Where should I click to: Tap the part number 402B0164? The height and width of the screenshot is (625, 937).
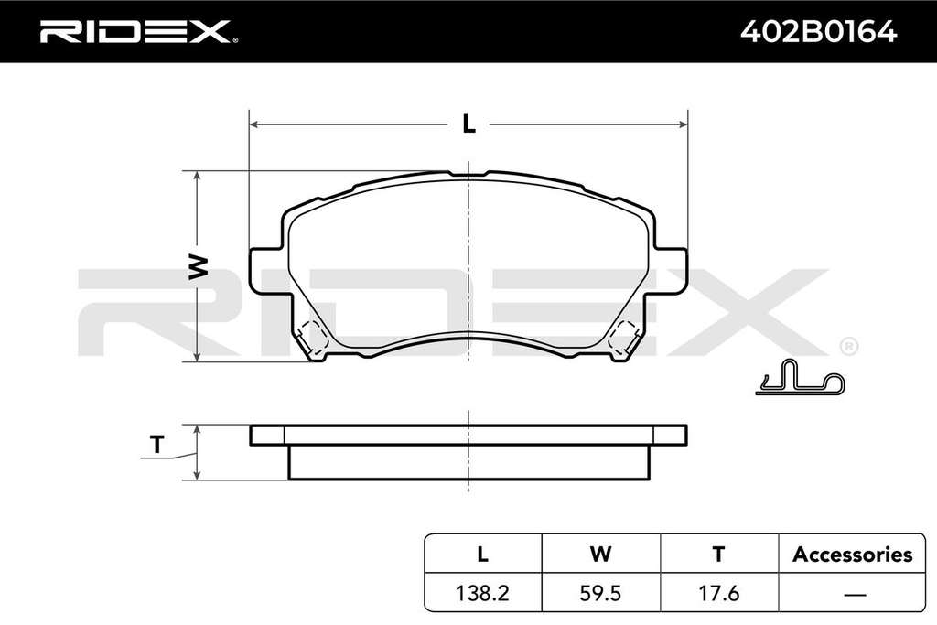(x=818, y=31)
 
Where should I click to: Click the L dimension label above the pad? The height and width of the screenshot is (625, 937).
(x=469, y=124)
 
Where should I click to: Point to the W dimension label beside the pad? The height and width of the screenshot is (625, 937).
(x=198, y=266)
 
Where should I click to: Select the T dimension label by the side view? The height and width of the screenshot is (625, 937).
(x=156, y=444)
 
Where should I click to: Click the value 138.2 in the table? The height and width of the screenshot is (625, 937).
(x=482, y=593)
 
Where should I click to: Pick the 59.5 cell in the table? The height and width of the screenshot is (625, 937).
(x=600, y=593)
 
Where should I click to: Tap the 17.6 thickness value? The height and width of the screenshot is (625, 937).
(x=718, y=593)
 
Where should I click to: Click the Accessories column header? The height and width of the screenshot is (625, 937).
(x=852, y=555)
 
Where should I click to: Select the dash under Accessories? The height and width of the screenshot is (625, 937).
(x=856, y=594)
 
